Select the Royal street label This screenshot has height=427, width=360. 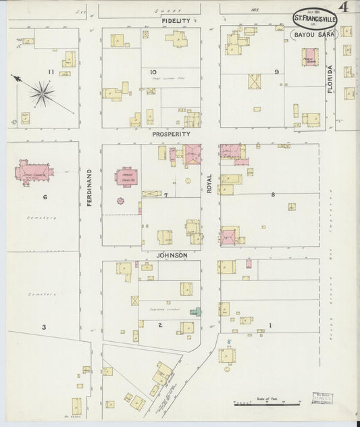209,184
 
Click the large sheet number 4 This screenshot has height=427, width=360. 344,9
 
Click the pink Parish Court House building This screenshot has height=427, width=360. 126,177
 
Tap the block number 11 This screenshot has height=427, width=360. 50,72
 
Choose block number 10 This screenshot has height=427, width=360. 153,72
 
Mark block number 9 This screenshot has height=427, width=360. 276,72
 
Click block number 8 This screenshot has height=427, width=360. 273,195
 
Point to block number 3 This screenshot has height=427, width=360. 44,327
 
